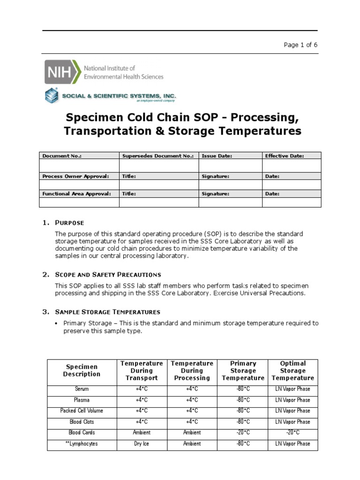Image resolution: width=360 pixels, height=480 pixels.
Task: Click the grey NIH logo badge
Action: click(x=62, y=72)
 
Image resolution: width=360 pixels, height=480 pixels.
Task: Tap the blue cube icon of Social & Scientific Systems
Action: click(x=52, y=96)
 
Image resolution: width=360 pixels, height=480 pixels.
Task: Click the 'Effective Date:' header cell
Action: click(x=284, y=156)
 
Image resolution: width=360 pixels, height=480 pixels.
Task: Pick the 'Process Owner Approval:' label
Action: click(x=75, y=176)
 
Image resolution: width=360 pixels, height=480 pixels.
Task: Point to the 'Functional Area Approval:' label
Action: click(x=76, y=193)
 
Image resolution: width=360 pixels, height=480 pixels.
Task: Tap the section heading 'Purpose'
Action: click(x=70, y=223)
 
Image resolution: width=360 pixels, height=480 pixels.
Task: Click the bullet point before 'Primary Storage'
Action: click(x=57, y=323)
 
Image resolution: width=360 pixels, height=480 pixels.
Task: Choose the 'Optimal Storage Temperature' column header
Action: click(x=292, y=370)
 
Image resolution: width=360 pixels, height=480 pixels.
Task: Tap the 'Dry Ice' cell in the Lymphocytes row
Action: click(x=141, y=443)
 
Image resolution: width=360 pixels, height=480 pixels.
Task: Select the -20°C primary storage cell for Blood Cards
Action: click(x=243, y=433)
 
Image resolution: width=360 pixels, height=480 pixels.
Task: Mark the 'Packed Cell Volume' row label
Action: click(x=82, y=411)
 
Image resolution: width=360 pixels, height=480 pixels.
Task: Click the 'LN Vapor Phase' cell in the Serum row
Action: click(x=292, y=389)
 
